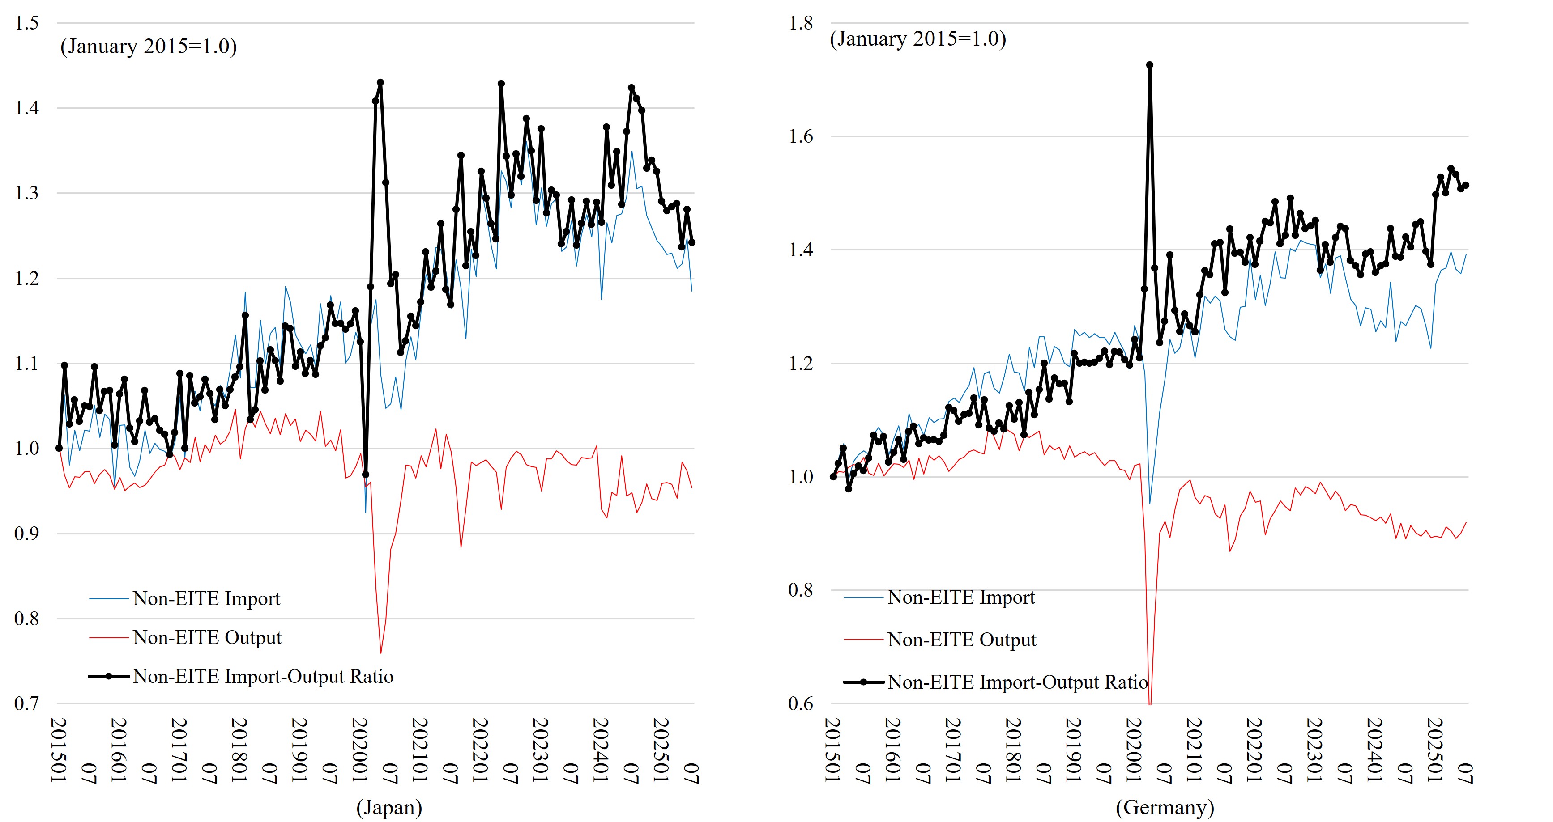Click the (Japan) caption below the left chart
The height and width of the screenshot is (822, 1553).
pyautogui.click(x=389, y=807)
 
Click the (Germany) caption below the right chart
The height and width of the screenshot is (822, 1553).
pyautogui.click(x=1164, y=807)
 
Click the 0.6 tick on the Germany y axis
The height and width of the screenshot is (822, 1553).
pyautogui.click(x=801, y=703)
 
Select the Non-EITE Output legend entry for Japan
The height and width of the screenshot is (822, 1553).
pyautogui.click(x=207, y=638)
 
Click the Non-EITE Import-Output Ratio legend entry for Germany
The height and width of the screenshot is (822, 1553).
pyautogui.click(x=1017, y=682)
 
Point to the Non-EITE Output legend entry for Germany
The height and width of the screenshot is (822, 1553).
pyautogui.click(x=962, y=640)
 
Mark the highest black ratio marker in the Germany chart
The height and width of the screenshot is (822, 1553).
pyautogui.click(x=1150, y=65)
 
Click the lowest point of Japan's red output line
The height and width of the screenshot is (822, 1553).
pyautogui.click(x=380, y=653)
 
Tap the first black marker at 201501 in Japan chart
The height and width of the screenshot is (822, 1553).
pyautogui.click(x=59, y=448)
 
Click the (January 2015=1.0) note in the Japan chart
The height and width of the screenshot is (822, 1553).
pyautogui.click(x=148, y=47)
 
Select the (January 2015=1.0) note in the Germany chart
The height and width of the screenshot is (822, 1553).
pyautogui.click(x=917, y=38)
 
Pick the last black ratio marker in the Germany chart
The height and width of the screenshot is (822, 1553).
pyautogui.click(x=1466, y=186)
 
